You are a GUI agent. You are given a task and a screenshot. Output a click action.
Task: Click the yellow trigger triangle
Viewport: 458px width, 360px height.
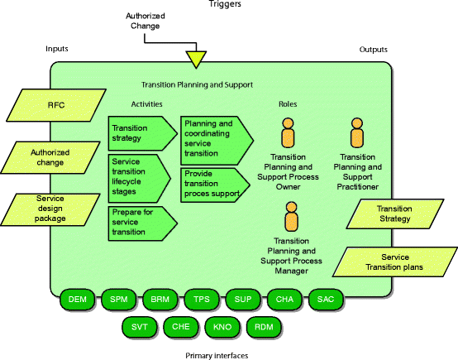196,59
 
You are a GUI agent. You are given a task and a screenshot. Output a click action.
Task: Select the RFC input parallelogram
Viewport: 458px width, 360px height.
56,105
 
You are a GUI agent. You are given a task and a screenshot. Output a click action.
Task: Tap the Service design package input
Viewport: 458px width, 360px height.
50,209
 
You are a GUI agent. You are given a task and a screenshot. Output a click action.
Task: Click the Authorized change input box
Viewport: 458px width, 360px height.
50,157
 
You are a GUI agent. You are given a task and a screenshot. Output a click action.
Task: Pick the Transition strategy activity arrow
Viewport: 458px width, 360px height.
142,133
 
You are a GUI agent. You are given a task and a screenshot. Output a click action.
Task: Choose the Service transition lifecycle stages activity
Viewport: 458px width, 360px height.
140,179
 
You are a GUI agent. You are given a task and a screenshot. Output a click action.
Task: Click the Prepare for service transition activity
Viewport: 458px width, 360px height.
142,223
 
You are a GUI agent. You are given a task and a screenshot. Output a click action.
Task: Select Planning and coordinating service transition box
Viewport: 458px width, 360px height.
217,141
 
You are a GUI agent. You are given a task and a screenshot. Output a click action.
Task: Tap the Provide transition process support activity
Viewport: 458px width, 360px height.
215,185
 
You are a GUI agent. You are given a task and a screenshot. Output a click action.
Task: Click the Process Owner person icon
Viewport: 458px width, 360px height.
288,132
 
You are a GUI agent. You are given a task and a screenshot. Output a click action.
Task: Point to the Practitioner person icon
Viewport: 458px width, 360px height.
357,132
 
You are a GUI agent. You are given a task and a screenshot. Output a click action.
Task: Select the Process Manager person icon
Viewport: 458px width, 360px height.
291,216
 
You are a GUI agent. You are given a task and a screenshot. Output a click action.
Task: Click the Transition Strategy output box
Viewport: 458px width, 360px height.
395,214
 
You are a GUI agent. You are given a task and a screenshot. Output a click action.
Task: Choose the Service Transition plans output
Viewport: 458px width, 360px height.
395,262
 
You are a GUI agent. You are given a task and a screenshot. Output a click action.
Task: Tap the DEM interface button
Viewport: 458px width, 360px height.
78,299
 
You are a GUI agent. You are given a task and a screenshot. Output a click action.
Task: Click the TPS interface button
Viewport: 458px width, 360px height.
202,299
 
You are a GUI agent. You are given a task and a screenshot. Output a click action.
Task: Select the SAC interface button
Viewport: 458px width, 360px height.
326,299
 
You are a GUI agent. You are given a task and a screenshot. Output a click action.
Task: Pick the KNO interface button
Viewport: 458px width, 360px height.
222,327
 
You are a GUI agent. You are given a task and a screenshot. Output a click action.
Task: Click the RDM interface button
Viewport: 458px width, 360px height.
264,327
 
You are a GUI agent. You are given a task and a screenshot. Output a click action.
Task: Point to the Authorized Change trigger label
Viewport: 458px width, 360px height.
146,21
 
